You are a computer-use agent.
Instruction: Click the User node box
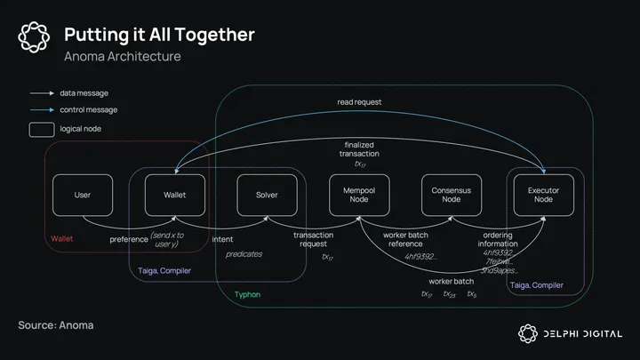83,195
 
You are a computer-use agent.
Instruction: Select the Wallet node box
175,195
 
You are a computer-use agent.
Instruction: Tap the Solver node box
267,195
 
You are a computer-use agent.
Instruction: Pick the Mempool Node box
359,195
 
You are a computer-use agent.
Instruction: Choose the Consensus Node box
451,195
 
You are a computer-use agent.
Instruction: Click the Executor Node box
543,195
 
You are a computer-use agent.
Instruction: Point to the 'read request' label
359,102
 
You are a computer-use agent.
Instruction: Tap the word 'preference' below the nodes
129,238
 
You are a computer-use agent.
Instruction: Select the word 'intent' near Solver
222,238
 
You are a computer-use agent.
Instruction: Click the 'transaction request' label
314,239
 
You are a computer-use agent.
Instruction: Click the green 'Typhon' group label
247,293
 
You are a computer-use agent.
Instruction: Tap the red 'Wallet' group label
62,238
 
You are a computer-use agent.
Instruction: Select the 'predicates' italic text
244,254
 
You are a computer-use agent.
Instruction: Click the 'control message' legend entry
89,110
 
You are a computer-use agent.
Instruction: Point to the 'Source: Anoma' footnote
56,325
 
